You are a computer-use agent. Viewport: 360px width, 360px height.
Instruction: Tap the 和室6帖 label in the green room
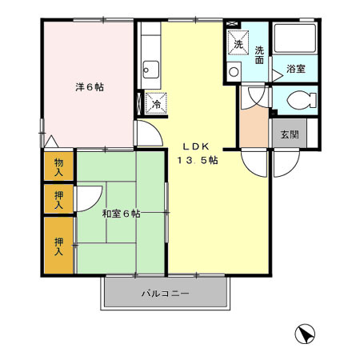pos(121,214)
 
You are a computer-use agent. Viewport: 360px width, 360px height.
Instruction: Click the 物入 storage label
pos(58,167)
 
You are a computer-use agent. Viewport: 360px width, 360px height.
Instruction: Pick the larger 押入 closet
pos(58,246)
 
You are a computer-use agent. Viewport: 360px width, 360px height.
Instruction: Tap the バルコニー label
pos(166,294)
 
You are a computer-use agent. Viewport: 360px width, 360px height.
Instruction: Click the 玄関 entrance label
pos(288,134)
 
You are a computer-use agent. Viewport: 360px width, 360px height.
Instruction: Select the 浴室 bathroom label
pos(295,70)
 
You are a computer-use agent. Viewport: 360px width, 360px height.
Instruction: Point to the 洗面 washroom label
pos(260,54)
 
